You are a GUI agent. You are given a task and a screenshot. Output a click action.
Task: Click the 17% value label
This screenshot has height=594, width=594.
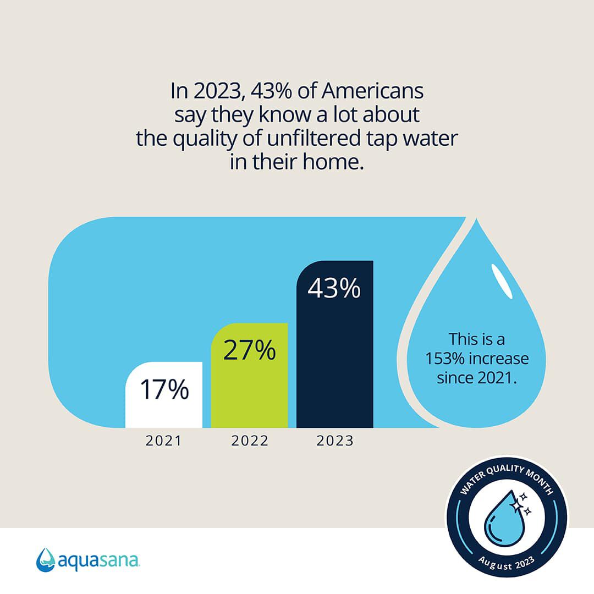pos(164,389)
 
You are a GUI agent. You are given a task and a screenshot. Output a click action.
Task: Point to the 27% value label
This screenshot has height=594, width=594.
pos(249,351)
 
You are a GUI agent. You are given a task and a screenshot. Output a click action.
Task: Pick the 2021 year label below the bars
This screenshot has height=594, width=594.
pos(164,441)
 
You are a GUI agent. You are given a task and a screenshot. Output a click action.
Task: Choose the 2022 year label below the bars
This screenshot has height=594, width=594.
pos(249,441)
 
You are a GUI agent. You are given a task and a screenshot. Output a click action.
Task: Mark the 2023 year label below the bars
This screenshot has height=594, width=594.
pos(334,441)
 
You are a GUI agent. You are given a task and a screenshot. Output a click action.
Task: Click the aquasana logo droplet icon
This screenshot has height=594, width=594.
pos(46,560)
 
